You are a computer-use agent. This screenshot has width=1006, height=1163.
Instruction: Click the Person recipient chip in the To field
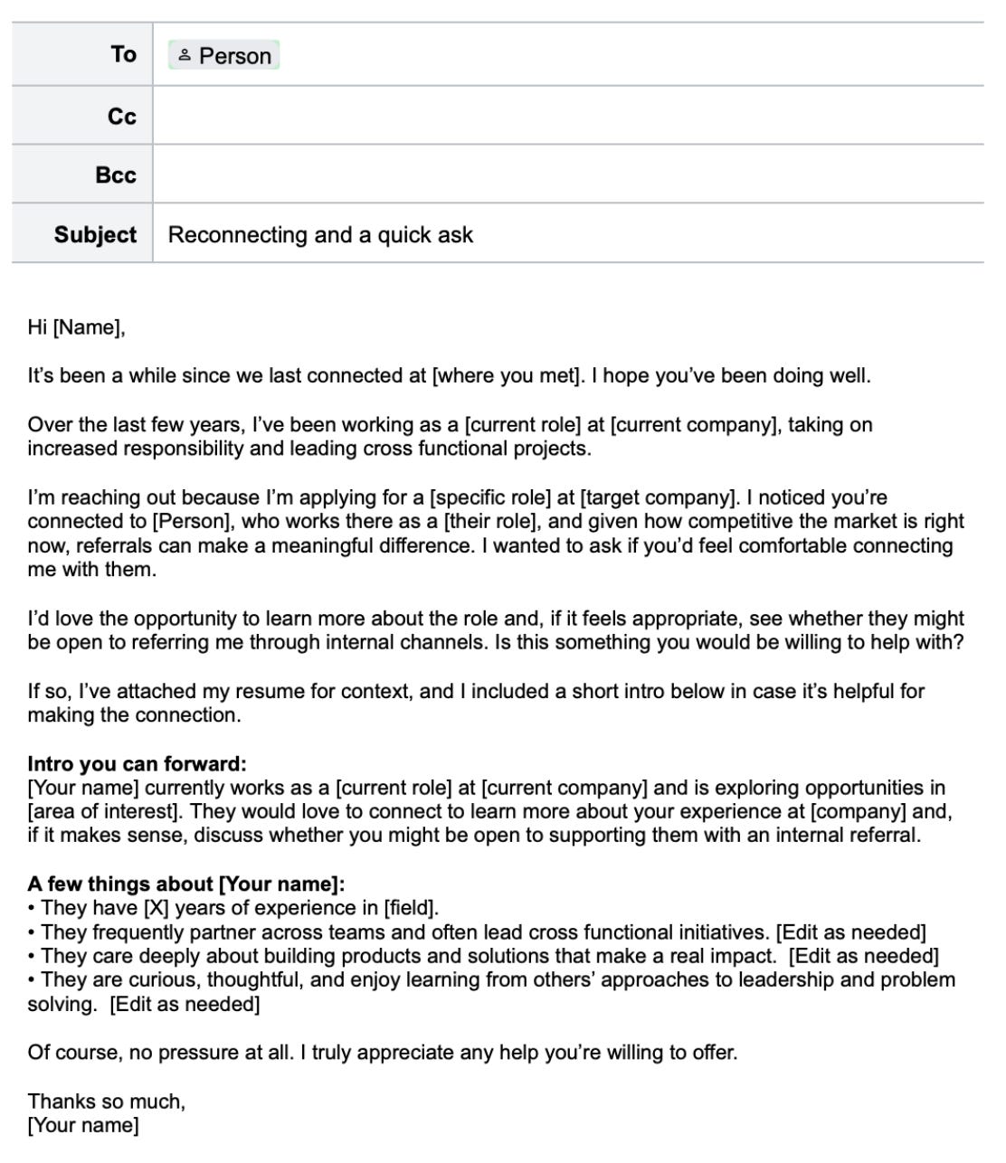click(224, 56)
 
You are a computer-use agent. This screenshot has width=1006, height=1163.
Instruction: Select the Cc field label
click(121, 117)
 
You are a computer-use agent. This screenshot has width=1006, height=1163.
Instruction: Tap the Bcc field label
click(115, 175)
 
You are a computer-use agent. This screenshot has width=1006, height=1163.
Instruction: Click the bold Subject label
click(95, 234)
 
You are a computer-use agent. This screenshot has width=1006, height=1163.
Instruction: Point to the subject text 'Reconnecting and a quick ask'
click(320, 235)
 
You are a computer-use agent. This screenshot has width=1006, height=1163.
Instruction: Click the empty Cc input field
click(567, 117)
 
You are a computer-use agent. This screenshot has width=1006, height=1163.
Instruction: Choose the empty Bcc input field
click(567, 175)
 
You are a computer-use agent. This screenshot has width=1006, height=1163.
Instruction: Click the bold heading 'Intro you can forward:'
click(137, 764)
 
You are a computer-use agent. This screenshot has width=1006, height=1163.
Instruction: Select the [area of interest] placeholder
click(103, 812)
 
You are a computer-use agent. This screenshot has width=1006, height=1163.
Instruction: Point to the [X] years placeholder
click(156, 908)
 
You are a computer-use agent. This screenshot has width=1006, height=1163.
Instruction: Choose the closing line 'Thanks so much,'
click(106, 1102)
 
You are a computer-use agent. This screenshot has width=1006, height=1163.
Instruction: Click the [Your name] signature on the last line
click(83, 1126)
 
